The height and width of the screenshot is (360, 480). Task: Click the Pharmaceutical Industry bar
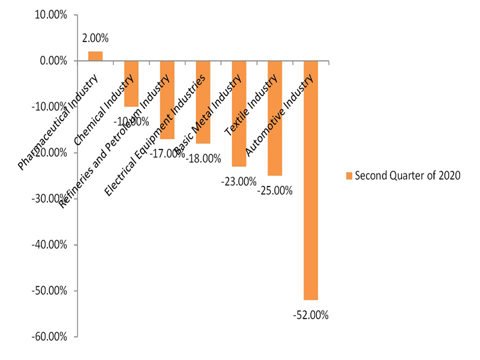(95, 56)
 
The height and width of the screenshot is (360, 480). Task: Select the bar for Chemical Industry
(131, 83)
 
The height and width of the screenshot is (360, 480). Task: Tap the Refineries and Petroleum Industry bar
(167, 100)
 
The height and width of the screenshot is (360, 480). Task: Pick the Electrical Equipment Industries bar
(203, 102)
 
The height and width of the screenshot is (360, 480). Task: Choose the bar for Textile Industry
(275, 118)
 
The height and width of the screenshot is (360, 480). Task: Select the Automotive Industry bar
(311, 180)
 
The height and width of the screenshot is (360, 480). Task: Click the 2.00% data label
(95, 38)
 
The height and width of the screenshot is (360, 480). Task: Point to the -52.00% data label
(311, 314)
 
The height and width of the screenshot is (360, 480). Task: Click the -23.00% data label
(239, 181)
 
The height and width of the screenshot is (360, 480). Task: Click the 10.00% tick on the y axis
(52, 14)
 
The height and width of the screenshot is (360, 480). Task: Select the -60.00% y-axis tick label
(50, 337)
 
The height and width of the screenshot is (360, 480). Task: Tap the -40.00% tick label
(50, 245)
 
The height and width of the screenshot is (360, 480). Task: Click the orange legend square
(349, 175)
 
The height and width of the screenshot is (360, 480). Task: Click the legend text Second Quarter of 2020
(407, 175)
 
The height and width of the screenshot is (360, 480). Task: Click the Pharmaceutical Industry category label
(58, 124)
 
